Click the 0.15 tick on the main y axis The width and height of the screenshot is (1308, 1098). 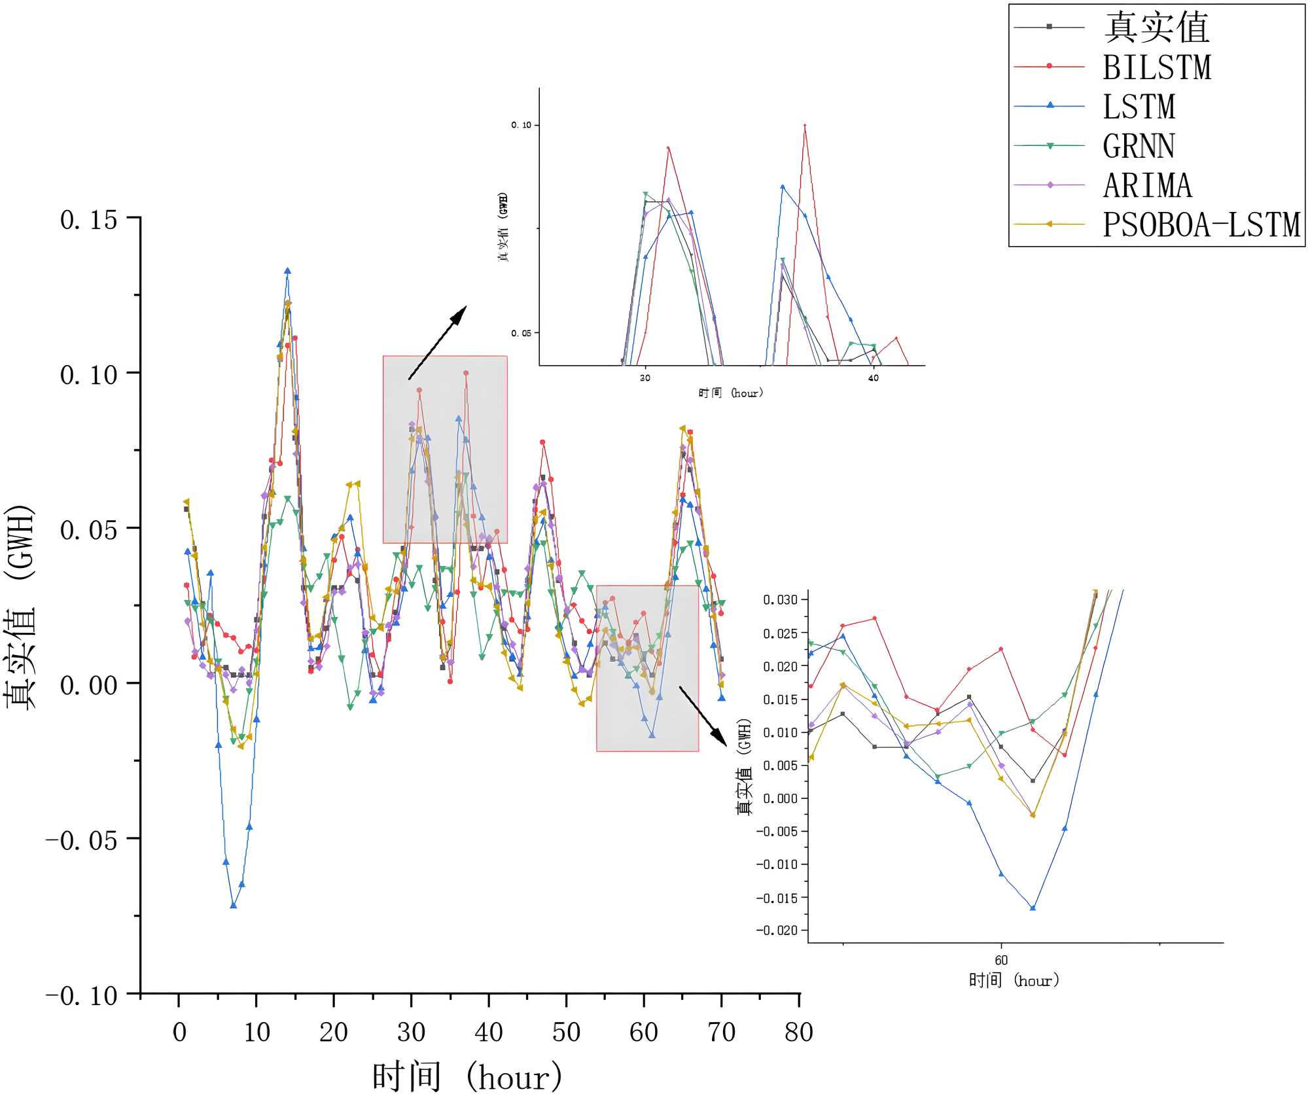(x=89, y=220)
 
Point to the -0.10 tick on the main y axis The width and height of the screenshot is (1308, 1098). (x=82, y=995)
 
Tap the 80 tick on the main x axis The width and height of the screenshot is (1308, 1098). (x=798, y=1032)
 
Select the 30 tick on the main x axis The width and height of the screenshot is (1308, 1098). (x=411, y=1032)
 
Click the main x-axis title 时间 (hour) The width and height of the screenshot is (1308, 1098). (x=467, y=1076)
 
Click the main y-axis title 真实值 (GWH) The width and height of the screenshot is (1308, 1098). (x=20, y=607)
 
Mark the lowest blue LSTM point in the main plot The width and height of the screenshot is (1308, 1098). (x=234, y=905)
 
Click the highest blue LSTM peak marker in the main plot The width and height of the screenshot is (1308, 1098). (x=287, y=271)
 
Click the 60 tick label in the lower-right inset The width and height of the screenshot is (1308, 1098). (x=1001, y=960)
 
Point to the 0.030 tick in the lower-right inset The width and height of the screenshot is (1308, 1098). (x=780, y=599)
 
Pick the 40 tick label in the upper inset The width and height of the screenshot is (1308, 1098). (x=873, y=378)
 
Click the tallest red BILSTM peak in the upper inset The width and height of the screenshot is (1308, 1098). (x=804, y=125)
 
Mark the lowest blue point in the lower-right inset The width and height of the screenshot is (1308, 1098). (x=1033, y=908)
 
